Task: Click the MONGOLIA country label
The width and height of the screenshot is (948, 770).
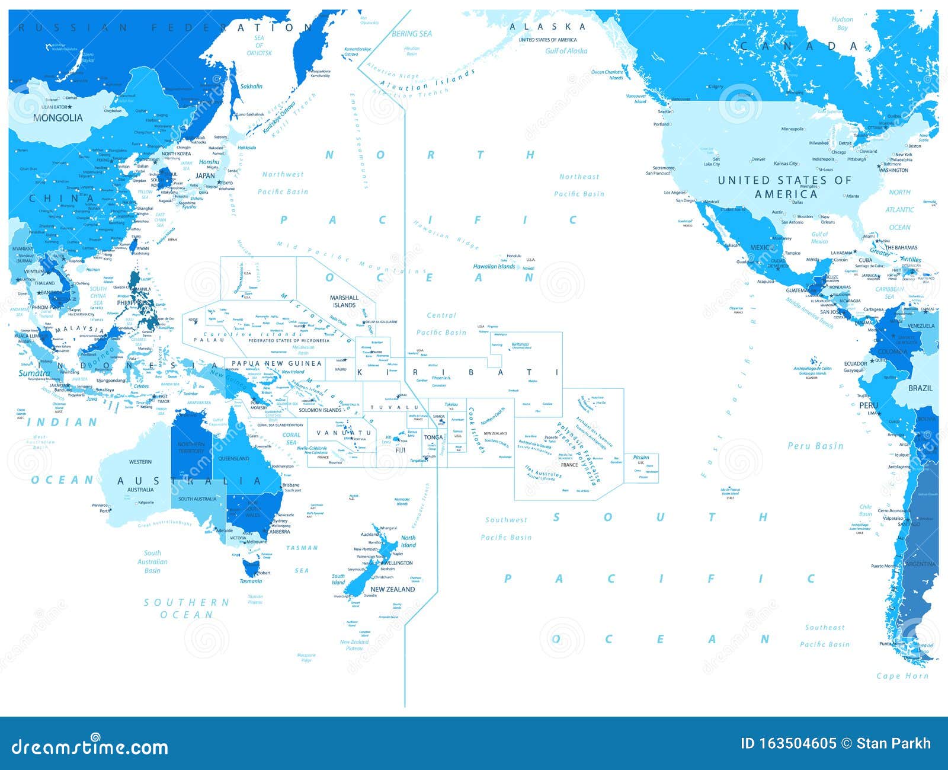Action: (x=58, y=118)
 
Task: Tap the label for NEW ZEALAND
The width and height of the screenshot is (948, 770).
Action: (x=392, y=589)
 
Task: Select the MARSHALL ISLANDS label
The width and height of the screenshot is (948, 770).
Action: (x=344, y=301)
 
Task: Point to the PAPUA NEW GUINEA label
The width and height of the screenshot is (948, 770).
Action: (x=277, y=363)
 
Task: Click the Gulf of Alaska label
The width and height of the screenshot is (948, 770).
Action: (x=566, y=51)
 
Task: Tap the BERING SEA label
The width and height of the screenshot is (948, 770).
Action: (x=412, y=34)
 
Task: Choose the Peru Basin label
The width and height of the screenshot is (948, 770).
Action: (x=815, y=446)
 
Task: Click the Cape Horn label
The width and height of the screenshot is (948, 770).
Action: (x=902, y=676)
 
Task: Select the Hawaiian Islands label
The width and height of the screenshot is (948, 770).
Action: (x=494, y=267)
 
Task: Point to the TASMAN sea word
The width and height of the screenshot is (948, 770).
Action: (x=302, y=548)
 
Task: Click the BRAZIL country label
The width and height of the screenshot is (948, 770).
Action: (x=920, y=388)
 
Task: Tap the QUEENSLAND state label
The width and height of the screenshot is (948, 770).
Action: (x=233, y=459)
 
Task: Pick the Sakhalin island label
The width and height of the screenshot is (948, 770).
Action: (x=251, y=87)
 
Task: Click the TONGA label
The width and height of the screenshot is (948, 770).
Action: (x=433, y=437)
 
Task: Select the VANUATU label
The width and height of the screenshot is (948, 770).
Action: (x=344, y=433)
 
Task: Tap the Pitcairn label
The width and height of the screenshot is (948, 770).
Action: (x=641, y=458)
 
